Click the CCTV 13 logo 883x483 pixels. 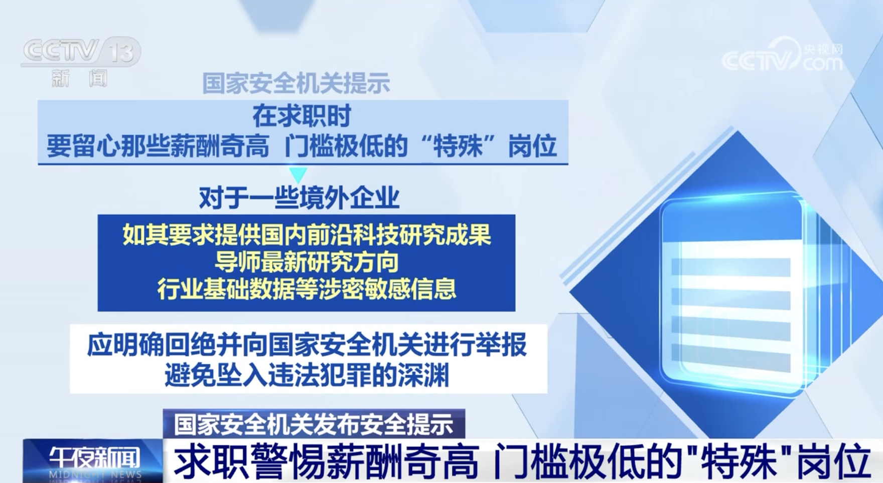tap(80, 52)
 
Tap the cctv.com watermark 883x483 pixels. tap(783, 56)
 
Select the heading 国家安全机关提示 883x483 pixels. tap(296, 83)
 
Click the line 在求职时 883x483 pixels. tap(302, 117)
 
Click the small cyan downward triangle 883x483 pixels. tap(298, 175)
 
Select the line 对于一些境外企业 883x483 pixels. tap(299, 198)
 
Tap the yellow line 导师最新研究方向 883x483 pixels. tap(307, 262)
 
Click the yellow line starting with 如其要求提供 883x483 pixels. tap(307, 234)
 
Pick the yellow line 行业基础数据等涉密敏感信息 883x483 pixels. tap(307, 289)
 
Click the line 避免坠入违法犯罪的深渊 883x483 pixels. tap(307, 375)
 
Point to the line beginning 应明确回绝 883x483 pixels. tap(307, 345)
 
